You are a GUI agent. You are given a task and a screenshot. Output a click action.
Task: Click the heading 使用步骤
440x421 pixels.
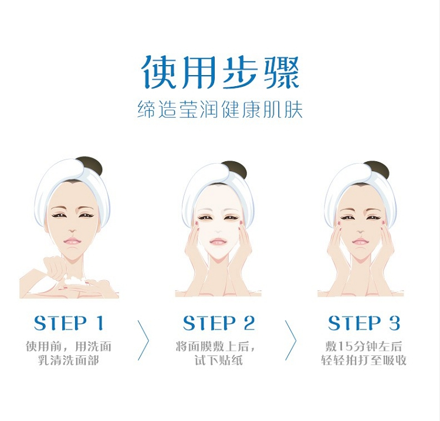(x=220, y=73)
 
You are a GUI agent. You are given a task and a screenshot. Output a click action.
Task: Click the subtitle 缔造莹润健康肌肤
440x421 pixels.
(x=220, y=110)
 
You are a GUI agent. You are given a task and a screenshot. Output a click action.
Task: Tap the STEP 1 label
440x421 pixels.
(x=69, y=324)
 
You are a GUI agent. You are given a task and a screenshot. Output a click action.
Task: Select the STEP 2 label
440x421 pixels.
(x=219, y=324)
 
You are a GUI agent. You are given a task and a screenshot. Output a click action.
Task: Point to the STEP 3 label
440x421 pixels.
(x=364, y=324)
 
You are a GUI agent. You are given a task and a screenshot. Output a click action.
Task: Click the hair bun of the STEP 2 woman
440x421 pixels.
(x=235, y=169)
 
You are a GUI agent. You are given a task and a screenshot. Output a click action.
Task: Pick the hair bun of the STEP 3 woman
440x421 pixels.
(x=377, y=169)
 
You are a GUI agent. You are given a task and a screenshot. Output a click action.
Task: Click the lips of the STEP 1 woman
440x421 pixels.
(x=73, y=241)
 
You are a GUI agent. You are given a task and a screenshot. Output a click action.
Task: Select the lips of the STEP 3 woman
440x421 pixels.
(x=360, y=242)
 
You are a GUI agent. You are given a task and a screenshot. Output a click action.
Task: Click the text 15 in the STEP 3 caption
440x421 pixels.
(x=343, y=347)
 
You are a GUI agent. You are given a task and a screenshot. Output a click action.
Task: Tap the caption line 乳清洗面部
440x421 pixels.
(x=69, y=361)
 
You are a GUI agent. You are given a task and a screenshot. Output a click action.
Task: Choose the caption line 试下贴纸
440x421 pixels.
(x=219, y=361)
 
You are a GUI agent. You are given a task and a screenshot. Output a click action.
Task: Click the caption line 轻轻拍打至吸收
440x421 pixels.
(x=364, y=361)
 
